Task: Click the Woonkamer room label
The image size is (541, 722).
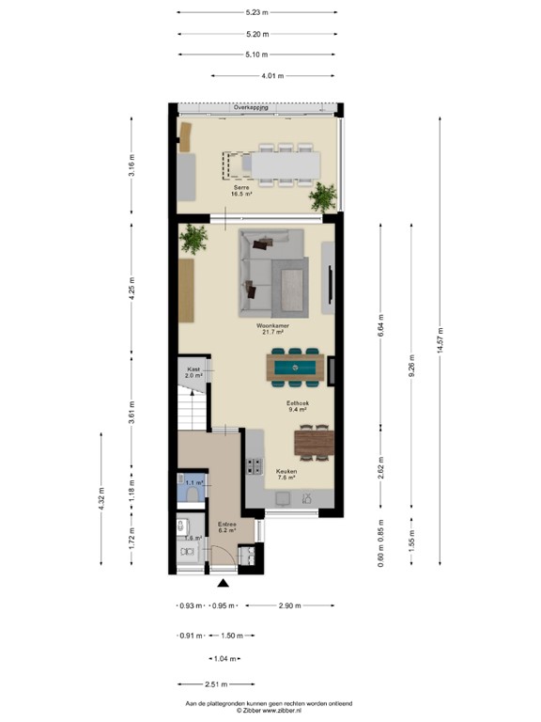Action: pos(275,325)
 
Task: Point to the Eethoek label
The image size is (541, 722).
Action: pos(298,403)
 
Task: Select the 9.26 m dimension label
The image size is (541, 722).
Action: pos(410,371)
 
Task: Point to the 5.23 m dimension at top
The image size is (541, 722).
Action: pos(256,13)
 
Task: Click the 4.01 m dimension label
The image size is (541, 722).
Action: pos(271,76)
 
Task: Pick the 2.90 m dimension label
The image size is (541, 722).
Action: pos(288,605)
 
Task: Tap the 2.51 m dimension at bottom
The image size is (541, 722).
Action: pos(216,685)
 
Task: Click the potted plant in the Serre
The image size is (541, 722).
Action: pos(323,196)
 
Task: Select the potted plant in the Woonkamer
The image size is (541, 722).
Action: pos(195,239)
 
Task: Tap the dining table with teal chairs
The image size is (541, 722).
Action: pos(296,366)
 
